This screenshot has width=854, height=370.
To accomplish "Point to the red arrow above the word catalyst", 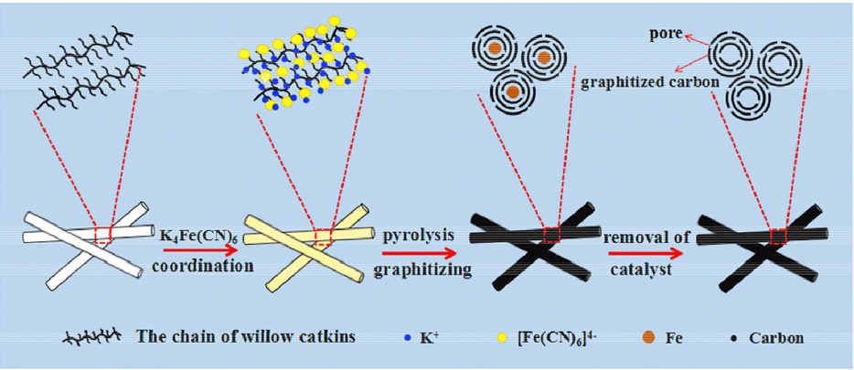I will (643, 249).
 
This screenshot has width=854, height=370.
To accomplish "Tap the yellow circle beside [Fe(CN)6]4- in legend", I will (499, 338).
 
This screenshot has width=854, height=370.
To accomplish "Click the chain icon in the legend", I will (91, 338).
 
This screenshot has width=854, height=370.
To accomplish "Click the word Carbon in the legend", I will (774, 338).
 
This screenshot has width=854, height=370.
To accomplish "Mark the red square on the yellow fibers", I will (323, 237).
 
